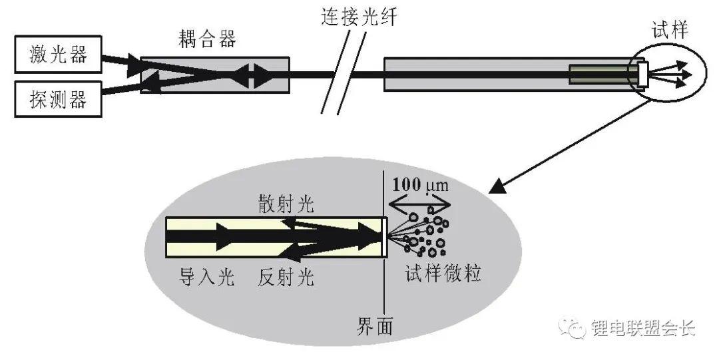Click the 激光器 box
point(58,54)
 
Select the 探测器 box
point(58,98)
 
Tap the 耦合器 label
point(207,39)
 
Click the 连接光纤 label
point(358,17)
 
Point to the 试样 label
point(670,31)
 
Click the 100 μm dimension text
point(420,185)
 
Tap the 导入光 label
point(206,277)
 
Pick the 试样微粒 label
point(443,273)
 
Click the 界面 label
point(375,326)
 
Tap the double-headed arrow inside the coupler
point(250,75)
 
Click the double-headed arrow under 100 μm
point(419,204)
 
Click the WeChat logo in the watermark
point(572,328)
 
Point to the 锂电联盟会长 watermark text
point(643,328)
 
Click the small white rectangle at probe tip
point(643,75)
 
